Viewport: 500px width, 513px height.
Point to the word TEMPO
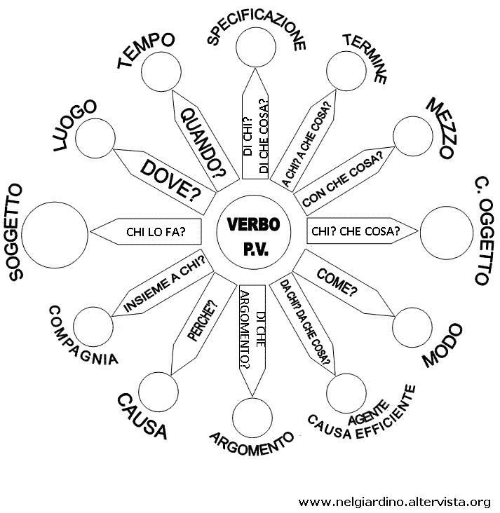coord(146,50)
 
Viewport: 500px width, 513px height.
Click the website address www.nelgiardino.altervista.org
coord(394,501)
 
